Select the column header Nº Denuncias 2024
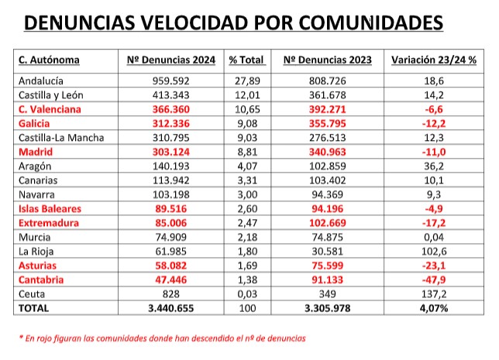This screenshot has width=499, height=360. [171, 60]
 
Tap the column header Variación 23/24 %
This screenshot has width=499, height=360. [433, 60]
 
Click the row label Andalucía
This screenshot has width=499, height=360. [40, 81]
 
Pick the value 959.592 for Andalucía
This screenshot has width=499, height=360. [171, 81]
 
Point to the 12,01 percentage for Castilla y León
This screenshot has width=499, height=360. [246, 94]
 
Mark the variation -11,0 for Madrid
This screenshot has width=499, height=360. [433, 152]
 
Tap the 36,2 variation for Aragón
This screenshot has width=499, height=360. [433, 166]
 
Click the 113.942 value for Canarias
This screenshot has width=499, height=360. [171, 180]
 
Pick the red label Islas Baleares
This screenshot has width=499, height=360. [49, 209]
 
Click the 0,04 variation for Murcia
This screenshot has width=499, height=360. [433, 238]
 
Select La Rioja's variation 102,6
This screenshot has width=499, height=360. [433, 252]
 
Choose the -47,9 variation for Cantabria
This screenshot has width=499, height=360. [433, 279]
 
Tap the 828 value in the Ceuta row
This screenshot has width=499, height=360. [171, 293]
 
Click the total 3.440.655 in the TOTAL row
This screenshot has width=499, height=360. [171, 308]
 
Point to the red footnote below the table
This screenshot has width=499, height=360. [163, 338]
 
